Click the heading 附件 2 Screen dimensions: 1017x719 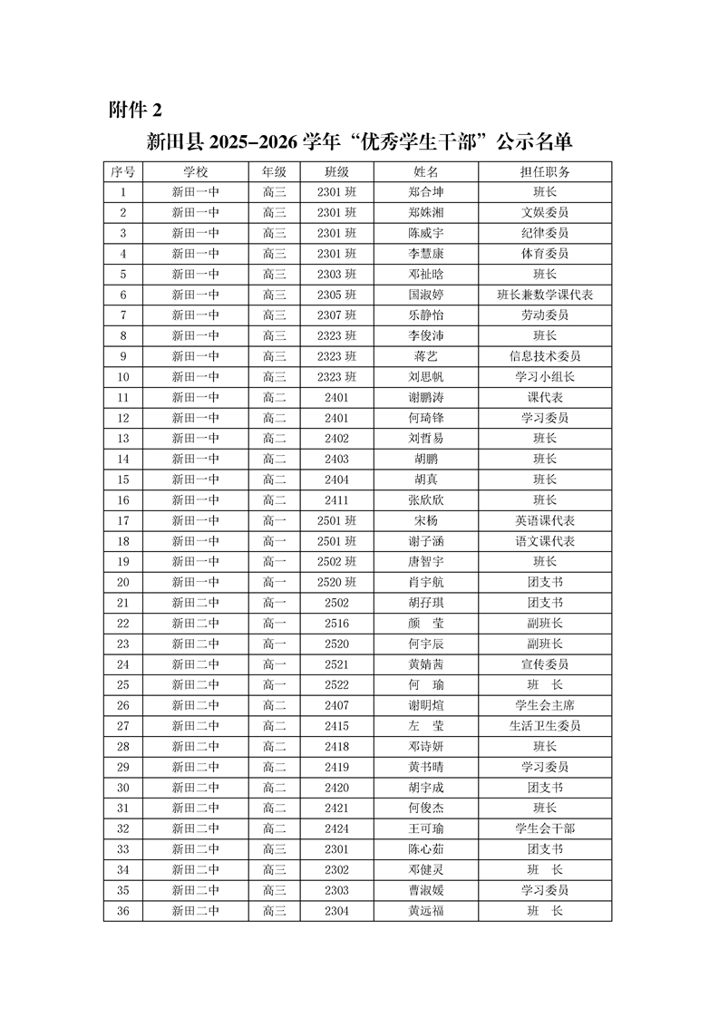tap(135, 110)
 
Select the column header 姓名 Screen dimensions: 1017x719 tap(426, 171)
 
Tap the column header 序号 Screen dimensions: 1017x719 tap(123, 171)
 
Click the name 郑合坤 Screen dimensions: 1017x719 tap(426, 192)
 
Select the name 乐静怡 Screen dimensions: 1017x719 tap(426, 315)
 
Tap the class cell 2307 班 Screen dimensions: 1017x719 tap(336, 315)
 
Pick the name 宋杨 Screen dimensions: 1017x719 tap(426, 520)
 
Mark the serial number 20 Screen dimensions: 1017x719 tap(123, 582)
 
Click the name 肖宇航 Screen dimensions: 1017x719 tap(426, 582)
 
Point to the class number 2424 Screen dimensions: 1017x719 tap(336, 828)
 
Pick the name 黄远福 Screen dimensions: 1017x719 tap(426, 910)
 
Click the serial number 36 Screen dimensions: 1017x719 tap(123, 910)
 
